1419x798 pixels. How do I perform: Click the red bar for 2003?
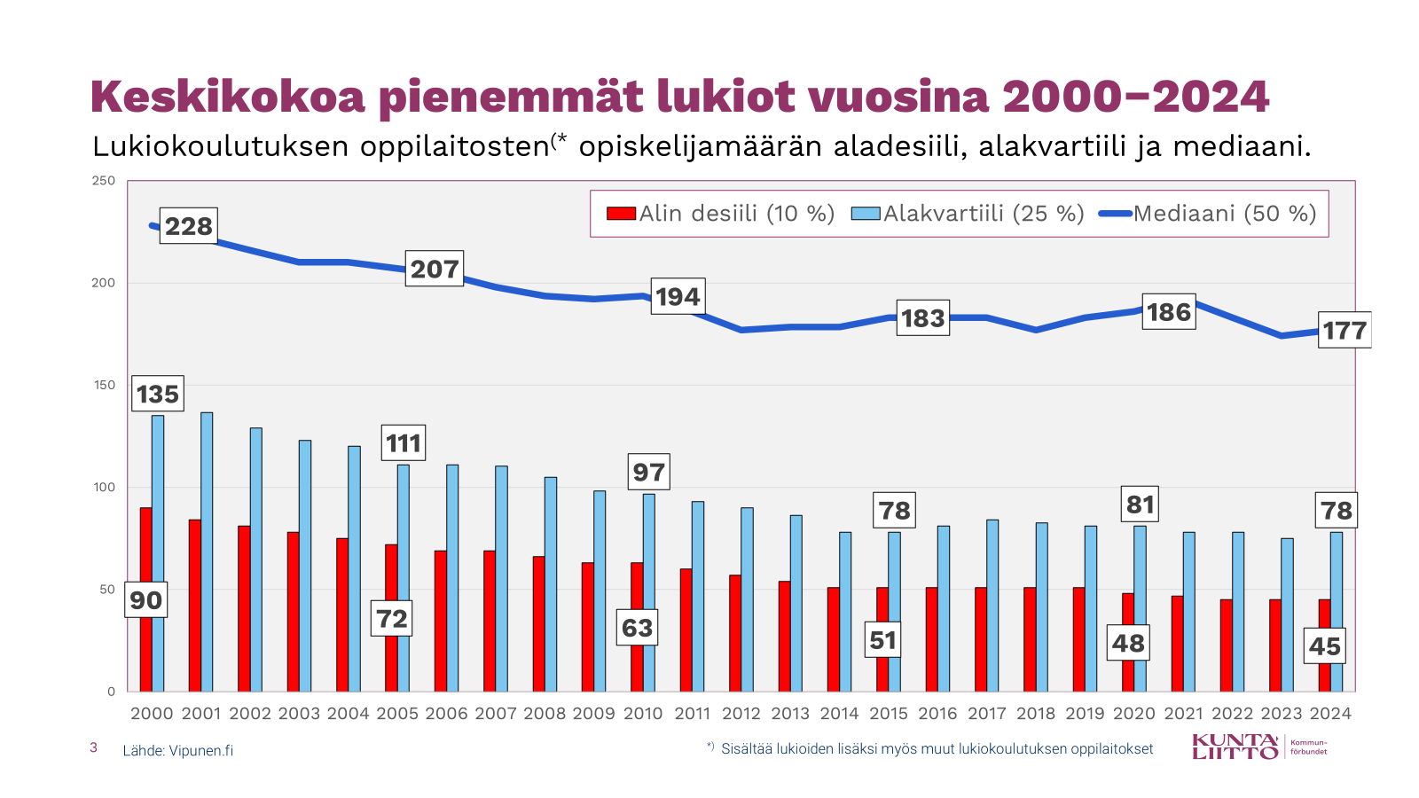click(293, 612)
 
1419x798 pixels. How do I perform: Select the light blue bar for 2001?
click(207, 552)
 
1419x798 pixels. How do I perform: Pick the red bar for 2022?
click(1226, 645)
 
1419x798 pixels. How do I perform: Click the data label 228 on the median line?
click(189, 226)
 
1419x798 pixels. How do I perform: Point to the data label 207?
click(435, 269)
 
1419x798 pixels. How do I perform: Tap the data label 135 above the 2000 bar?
click(158, 394)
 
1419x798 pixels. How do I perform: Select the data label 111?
click(404, 442)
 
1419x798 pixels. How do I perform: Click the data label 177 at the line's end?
click(1345, 330)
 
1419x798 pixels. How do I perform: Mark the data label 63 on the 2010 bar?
click(637, 628)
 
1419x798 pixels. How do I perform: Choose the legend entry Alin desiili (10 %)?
click(721, 214)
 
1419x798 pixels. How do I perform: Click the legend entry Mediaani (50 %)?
click(1208, 214)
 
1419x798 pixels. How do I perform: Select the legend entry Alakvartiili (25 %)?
click(968, 214)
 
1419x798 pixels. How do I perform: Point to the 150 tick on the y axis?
click(105, 385)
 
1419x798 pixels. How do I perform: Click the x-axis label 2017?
click(987, 714)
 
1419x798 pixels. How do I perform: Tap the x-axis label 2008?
click(545, 714)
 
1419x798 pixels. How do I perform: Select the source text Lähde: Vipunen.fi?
click(178, 750)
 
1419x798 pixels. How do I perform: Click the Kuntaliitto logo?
click(1259, 747)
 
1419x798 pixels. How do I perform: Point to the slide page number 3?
click(93, 747)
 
